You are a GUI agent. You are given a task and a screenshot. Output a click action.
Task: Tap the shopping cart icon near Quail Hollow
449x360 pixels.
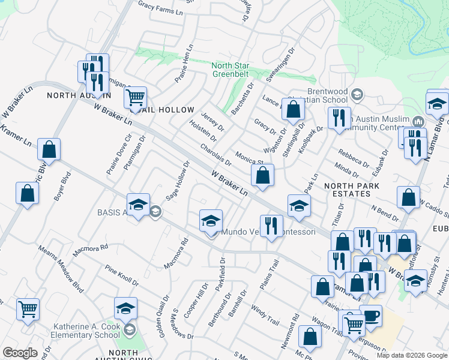[x=136, y=96]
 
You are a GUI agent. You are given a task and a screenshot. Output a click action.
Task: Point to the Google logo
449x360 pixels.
[x=20, y=352]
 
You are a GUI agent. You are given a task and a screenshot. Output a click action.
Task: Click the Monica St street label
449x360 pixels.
[x=249, y=158]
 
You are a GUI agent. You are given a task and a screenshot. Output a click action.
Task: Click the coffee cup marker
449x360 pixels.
[x=370, y=316]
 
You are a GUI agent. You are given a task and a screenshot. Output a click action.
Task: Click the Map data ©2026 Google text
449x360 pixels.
[x=412, y=355]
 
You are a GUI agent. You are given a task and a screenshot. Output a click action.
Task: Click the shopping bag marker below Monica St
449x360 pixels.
[x=262, y=175]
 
